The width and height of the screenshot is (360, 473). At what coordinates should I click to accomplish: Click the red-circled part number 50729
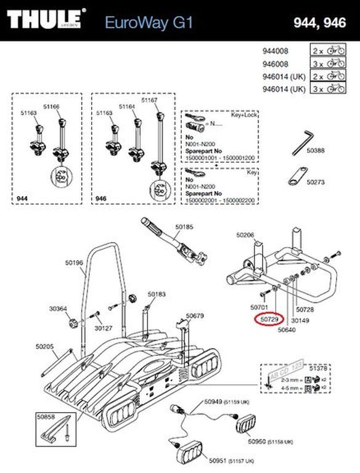click(x=268, y=320)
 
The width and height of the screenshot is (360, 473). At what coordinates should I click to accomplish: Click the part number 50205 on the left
click(x=44, y=347)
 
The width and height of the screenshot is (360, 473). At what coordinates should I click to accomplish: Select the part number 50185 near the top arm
click(x=184, y=227)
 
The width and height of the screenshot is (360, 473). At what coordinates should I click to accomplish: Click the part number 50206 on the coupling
click(x=246, y=235)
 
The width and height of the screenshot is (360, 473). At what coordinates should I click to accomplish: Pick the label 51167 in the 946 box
click(x=150, y=100)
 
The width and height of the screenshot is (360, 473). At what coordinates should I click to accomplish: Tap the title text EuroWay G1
click(x=149, y=23)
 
